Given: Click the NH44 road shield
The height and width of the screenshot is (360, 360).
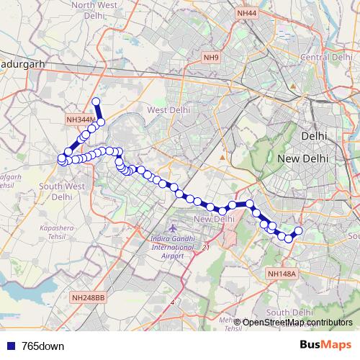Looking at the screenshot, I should [246, 13].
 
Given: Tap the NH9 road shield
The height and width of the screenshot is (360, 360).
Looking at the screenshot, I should [210, 58].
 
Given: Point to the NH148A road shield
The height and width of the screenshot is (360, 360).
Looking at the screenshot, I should [281, 274].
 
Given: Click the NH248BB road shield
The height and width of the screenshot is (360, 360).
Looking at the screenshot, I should [88, 297].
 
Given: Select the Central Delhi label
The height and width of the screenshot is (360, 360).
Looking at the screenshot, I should [324, 57].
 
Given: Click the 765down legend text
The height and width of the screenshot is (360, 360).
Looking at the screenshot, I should [43, 346].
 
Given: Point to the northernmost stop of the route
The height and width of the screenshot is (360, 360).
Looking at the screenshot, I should [96, 102].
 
